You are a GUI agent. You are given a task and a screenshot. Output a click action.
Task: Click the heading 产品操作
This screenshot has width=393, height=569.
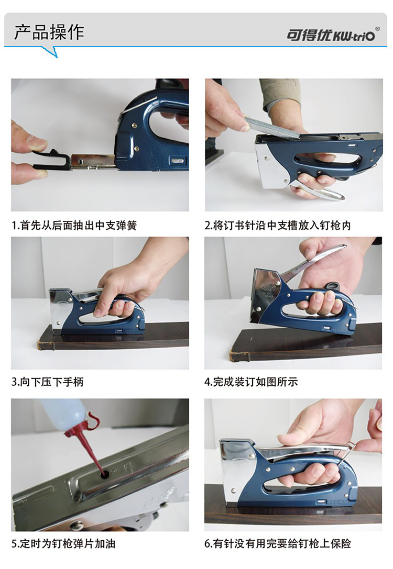(49, 32)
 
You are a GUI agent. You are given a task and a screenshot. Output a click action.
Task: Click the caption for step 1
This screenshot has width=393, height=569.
(74, 226)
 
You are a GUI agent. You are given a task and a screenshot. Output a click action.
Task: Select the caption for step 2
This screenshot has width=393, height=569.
(278, 226)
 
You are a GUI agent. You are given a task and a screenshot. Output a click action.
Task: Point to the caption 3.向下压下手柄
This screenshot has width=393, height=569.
(48, 382)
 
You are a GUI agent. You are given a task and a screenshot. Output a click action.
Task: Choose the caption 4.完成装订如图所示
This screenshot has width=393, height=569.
(251, 382)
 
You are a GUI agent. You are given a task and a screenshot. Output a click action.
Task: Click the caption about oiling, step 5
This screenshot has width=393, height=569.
(63, 543)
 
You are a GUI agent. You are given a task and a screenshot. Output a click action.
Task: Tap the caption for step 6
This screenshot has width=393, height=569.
(278, 543)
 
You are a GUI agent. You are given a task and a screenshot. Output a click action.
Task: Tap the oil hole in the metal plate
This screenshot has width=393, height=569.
(105, 474)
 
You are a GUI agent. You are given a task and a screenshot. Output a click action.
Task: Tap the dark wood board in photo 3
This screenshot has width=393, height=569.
(113, 336)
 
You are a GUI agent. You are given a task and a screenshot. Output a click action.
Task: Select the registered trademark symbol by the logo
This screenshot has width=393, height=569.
(377, 28)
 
